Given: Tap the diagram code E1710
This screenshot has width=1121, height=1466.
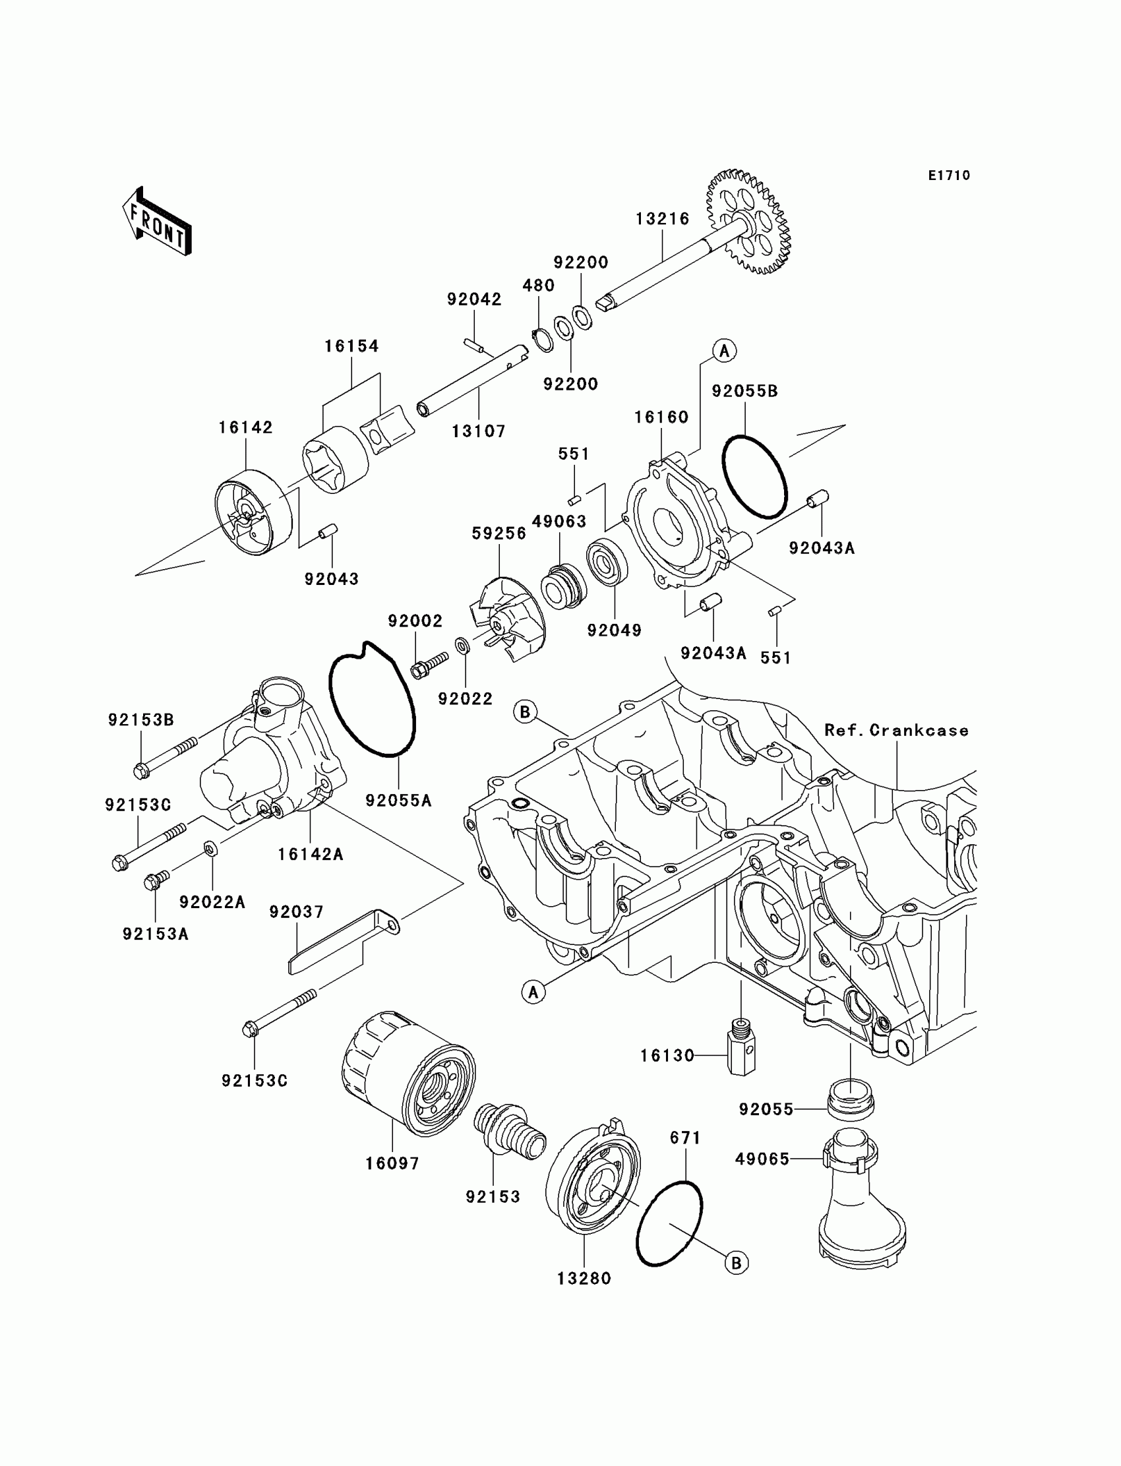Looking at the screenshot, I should pos(949,175).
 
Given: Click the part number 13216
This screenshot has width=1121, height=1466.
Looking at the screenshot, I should pos(662,218).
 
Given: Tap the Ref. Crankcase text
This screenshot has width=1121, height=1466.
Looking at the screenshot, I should pos(896,730).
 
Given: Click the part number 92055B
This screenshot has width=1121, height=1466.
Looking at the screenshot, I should pos(744,391).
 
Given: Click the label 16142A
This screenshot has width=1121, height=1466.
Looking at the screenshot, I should pos(311,854).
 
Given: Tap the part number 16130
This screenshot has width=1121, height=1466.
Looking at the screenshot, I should pos(667,1056).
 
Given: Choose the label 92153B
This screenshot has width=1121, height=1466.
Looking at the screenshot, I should pos(141,720).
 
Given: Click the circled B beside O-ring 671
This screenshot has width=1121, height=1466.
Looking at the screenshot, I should pos(737,1263).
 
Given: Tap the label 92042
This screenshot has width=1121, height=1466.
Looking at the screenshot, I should pos(473,299).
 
